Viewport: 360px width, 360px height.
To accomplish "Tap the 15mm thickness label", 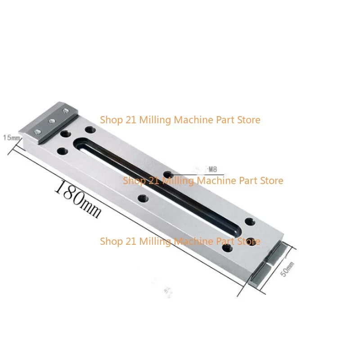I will (x=12, y=137).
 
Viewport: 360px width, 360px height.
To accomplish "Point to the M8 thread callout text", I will (x=211, y=169).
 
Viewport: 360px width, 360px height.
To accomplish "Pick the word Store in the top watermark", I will (x=248, y=120).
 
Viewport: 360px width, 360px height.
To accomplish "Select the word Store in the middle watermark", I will (x=271, y=180).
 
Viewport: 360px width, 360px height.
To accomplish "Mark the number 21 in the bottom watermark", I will (x=128, y=241).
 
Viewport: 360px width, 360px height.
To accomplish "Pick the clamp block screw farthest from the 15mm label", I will (x=66, y=111).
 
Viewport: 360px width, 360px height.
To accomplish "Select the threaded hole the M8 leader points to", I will (x=168, y=174).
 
